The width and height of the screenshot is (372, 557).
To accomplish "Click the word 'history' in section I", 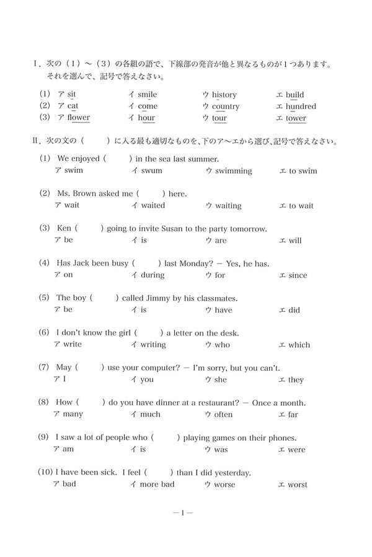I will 224,95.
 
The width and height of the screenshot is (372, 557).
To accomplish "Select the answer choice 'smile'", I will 147,95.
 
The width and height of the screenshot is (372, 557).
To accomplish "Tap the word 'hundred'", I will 301,106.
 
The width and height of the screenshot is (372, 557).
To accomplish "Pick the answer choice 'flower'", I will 79,118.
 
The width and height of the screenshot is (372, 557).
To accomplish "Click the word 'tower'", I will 296,118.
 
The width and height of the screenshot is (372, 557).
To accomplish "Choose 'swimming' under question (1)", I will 233,171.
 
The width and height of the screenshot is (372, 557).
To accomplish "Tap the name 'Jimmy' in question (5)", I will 158,298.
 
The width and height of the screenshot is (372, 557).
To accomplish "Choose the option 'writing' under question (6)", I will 153,345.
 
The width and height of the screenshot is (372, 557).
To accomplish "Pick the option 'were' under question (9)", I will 296,449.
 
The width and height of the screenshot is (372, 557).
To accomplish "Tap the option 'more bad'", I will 157,484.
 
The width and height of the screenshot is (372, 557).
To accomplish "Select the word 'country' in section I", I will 226,106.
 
